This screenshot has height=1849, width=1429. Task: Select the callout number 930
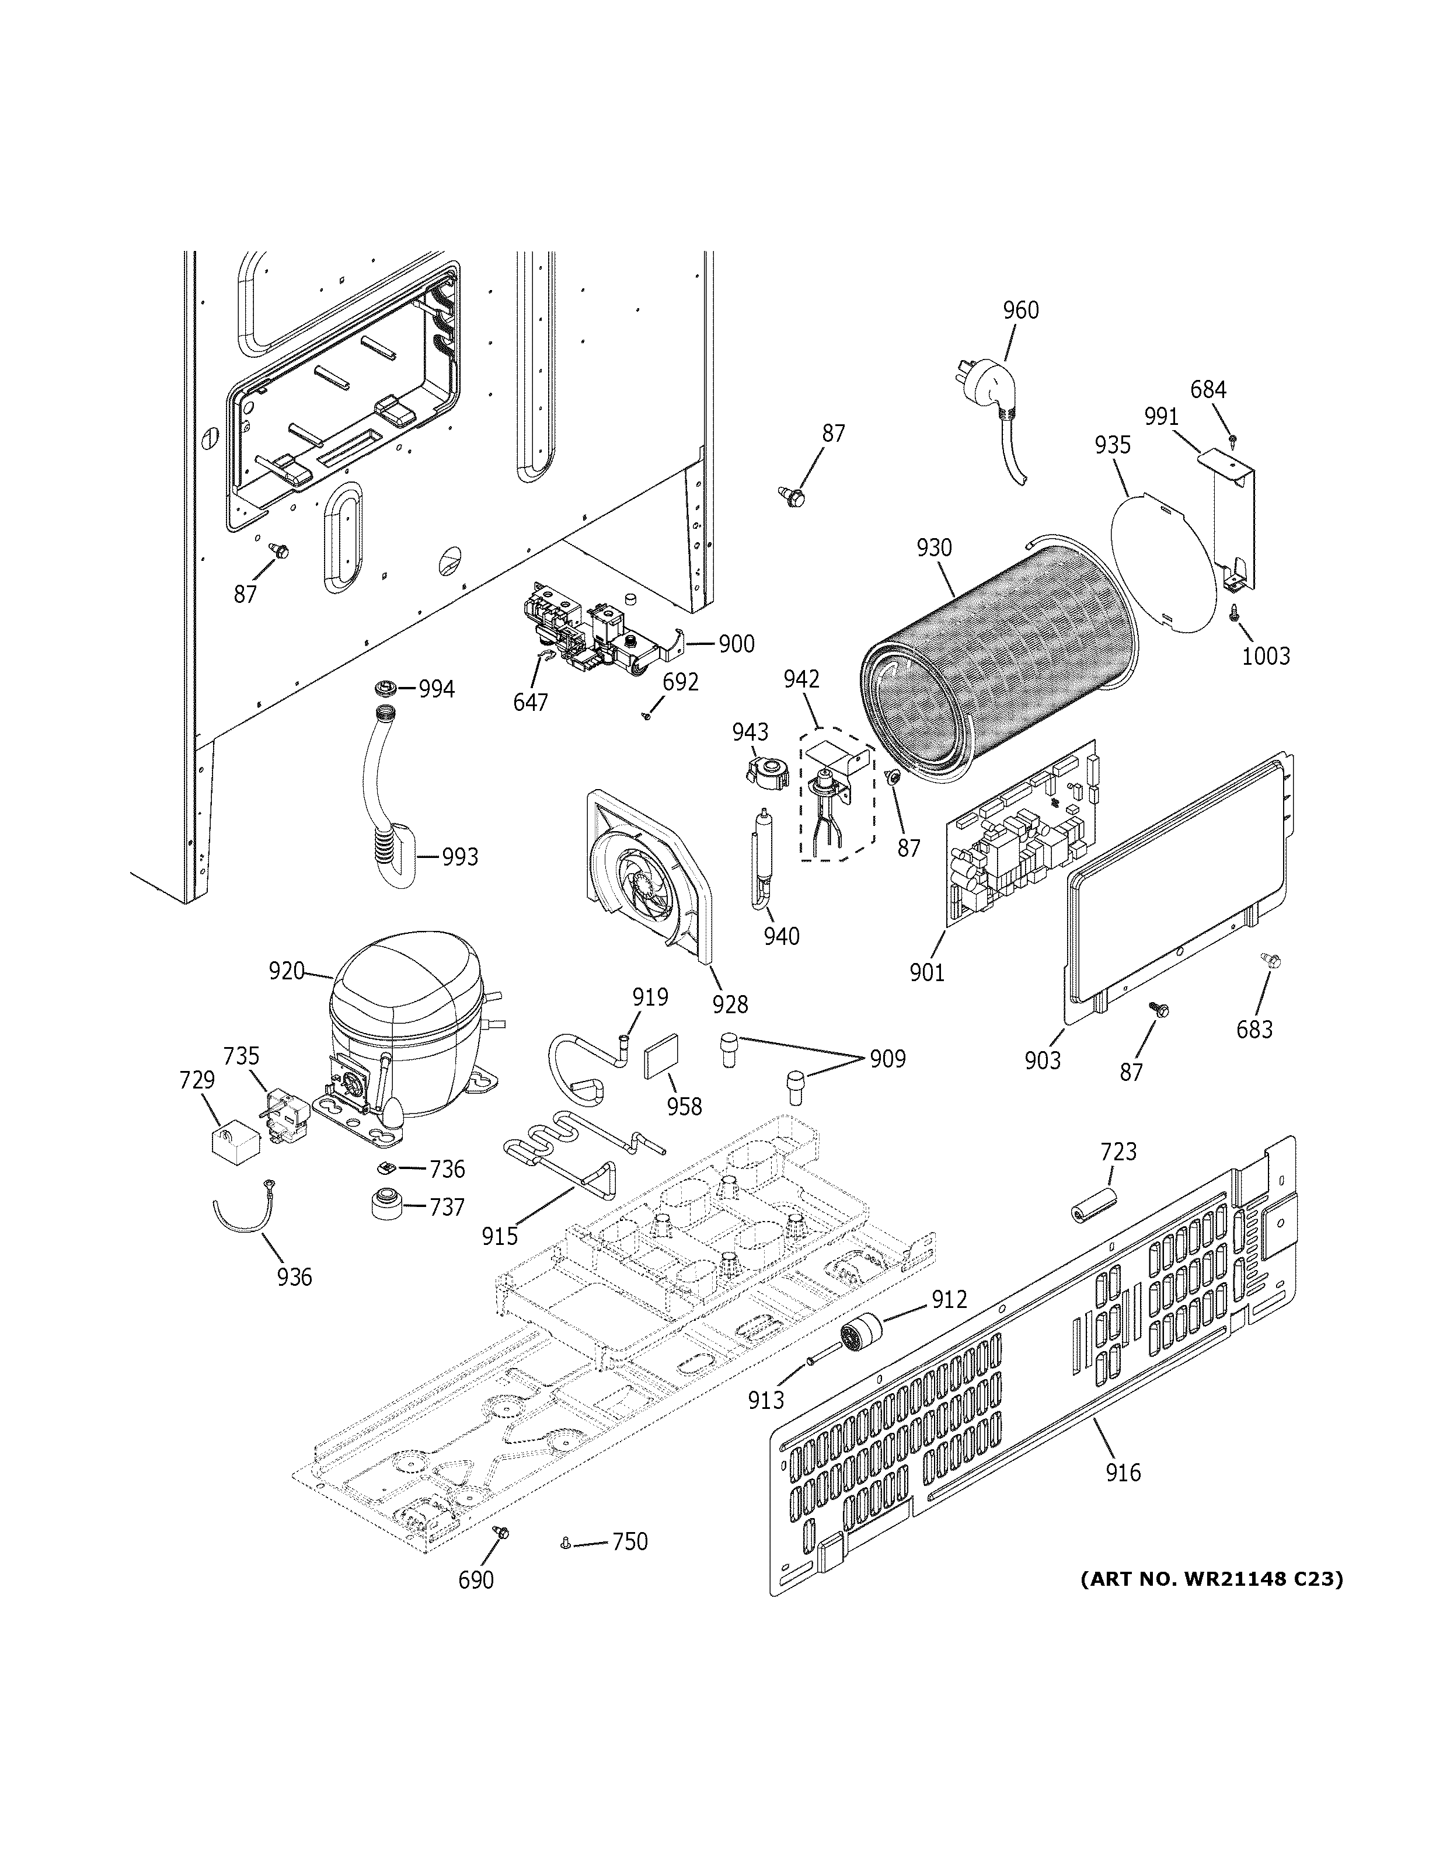tap(934, 548)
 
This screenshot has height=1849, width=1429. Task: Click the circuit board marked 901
tap(1020, 834)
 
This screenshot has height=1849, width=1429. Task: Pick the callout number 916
tap(1123, 1473)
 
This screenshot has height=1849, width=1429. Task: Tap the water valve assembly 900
tap(592, 639)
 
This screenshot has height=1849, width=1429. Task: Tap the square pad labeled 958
tap(658, 1060)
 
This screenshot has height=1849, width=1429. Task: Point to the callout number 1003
tap(1266, 655)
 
